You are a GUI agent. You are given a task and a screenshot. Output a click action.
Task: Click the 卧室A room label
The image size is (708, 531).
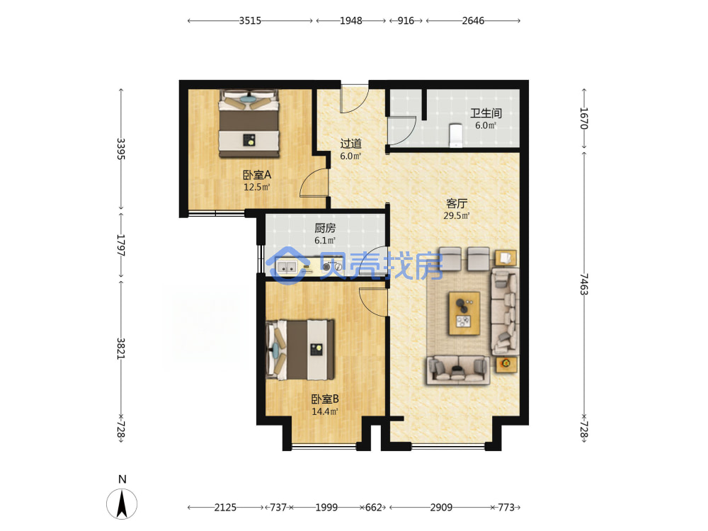(x=257, y=175)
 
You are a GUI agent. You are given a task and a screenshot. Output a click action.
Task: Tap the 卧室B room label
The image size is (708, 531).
(x=325, y=399)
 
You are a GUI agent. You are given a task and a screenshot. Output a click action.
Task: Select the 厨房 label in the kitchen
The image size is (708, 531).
(x=325, y=229)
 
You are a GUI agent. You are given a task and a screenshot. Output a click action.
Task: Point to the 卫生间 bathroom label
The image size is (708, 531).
(x=486, y=113)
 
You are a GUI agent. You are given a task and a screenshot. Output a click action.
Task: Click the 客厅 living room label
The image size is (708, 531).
(x=457, y=204)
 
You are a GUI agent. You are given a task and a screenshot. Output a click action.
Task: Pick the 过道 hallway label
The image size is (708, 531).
(x=351, y=144)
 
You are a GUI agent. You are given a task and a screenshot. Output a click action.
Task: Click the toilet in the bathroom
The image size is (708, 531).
(x=455, y=135)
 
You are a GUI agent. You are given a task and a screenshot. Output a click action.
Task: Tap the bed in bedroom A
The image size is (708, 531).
(x=249, y=123)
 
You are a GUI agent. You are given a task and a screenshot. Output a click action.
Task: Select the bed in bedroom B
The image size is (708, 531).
(x=300, y=350)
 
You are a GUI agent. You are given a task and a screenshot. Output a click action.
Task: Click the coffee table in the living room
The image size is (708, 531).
(x=464, y=314)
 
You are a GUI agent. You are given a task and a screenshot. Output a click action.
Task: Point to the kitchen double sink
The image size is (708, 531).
(x=287, y=268)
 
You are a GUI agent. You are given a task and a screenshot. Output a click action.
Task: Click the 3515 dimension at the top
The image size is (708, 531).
(x=250, y=21)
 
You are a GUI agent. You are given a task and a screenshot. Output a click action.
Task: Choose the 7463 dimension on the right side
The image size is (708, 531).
(x=584, y=284)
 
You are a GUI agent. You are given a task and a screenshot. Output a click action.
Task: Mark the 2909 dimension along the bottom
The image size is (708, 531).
(x=441, y=508)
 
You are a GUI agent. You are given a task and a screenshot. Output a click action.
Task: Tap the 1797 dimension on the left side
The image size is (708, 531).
(x=120, y=245)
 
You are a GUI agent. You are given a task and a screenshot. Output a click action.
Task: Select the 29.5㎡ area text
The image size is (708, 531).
(x=457, y=216)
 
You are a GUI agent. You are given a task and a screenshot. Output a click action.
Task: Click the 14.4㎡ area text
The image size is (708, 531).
(x=325, y=412)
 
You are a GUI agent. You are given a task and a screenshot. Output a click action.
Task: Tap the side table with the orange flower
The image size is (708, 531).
(x=506, y=363)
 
